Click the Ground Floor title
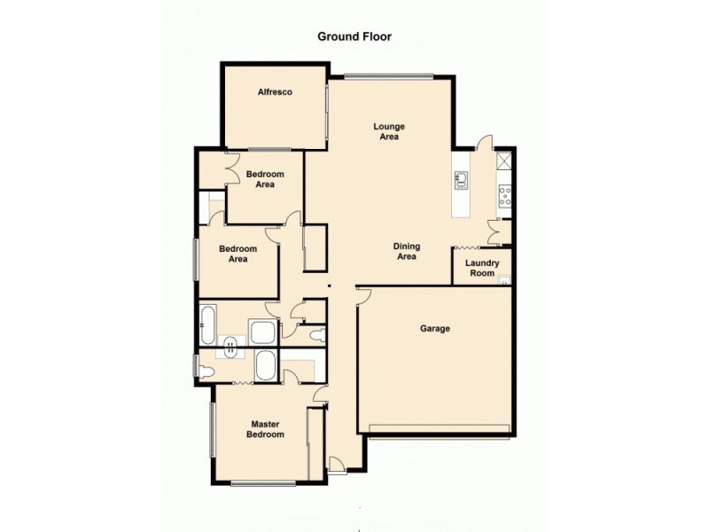[354, 37]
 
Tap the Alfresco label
[275, 92]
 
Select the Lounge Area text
[388, 132]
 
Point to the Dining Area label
[406, 251]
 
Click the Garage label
[435, 329]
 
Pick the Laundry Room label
[482, 268]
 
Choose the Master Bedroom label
[266, 429]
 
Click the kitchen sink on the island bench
[461, 181]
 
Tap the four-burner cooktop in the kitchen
[505, 196]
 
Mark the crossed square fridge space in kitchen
[505, 161]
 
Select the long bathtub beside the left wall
[206, 325]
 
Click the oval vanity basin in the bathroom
[232, 347]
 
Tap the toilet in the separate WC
[316, 334]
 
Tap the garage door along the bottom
[439, 431]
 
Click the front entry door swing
[337, 462]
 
